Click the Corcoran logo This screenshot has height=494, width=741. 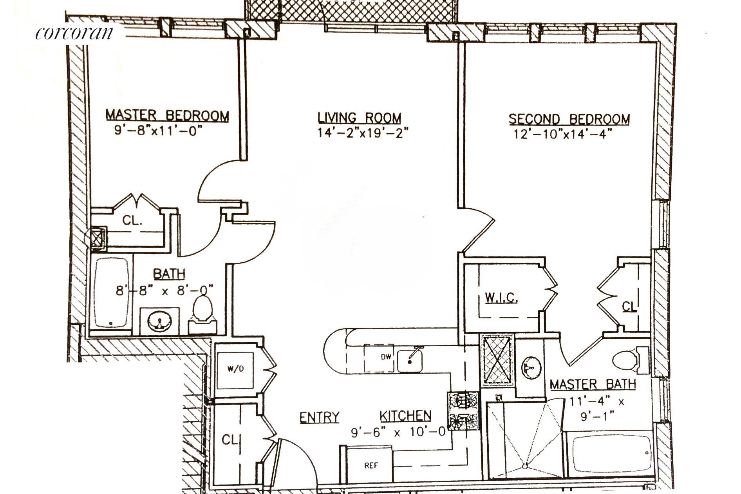coord(74,33)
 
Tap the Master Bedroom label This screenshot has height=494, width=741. coord(167,115)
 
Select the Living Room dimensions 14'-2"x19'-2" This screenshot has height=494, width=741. coord(363,133)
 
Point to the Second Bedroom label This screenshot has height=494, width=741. coord(569,119)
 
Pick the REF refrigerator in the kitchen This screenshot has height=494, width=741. coord(370,465)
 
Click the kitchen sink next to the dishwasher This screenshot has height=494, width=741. coord(410,360)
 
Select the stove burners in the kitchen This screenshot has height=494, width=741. coord(463,410)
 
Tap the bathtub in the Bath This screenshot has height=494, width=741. coord(112,292)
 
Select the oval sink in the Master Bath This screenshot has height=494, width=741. coord(531,367)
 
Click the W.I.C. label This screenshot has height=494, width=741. coord(501,298)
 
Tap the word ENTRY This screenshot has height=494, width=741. coord(319,417)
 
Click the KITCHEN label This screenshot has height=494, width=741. coord(406,416)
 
